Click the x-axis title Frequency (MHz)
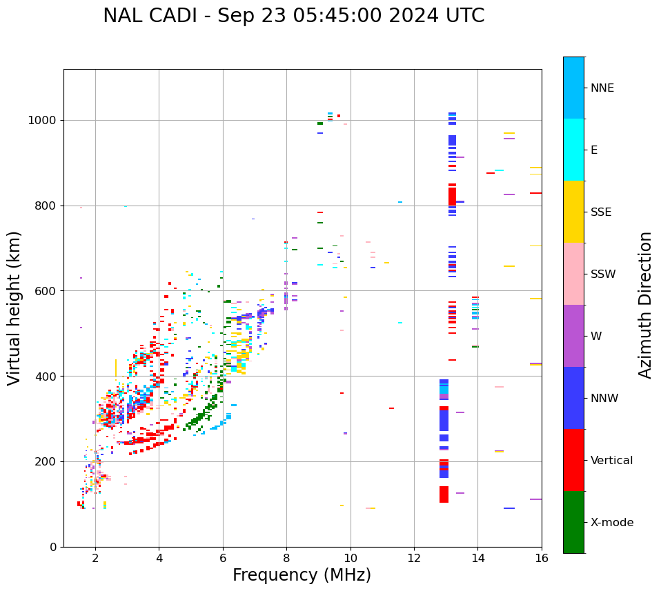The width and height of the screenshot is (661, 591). click(302, 575)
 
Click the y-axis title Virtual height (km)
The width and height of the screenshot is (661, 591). click(14, 308)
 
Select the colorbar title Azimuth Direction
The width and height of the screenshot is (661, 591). click(645, 304)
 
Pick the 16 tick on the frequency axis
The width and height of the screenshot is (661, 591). click(541, 558)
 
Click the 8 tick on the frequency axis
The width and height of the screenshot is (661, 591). click(286, 558)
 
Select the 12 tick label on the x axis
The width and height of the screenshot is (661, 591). click(414, 558)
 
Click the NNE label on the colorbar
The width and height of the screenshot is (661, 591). click(602, 88)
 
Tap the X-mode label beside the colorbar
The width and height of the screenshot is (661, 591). click(611, 523)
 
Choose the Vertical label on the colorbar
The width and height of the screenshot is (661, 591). click(611, 461)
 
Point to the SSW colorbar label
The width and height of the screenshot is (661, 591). click(602, 274)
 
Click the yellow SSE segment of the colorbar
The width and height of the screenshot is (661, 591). click(573, 212)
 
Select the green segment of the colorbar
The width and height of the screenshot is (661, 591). click(573, 522)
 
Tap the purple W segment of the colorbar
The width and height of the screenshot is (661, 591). click(573, 336)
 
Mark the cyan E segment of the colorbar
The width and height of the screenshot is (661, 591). click(573, 150)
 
